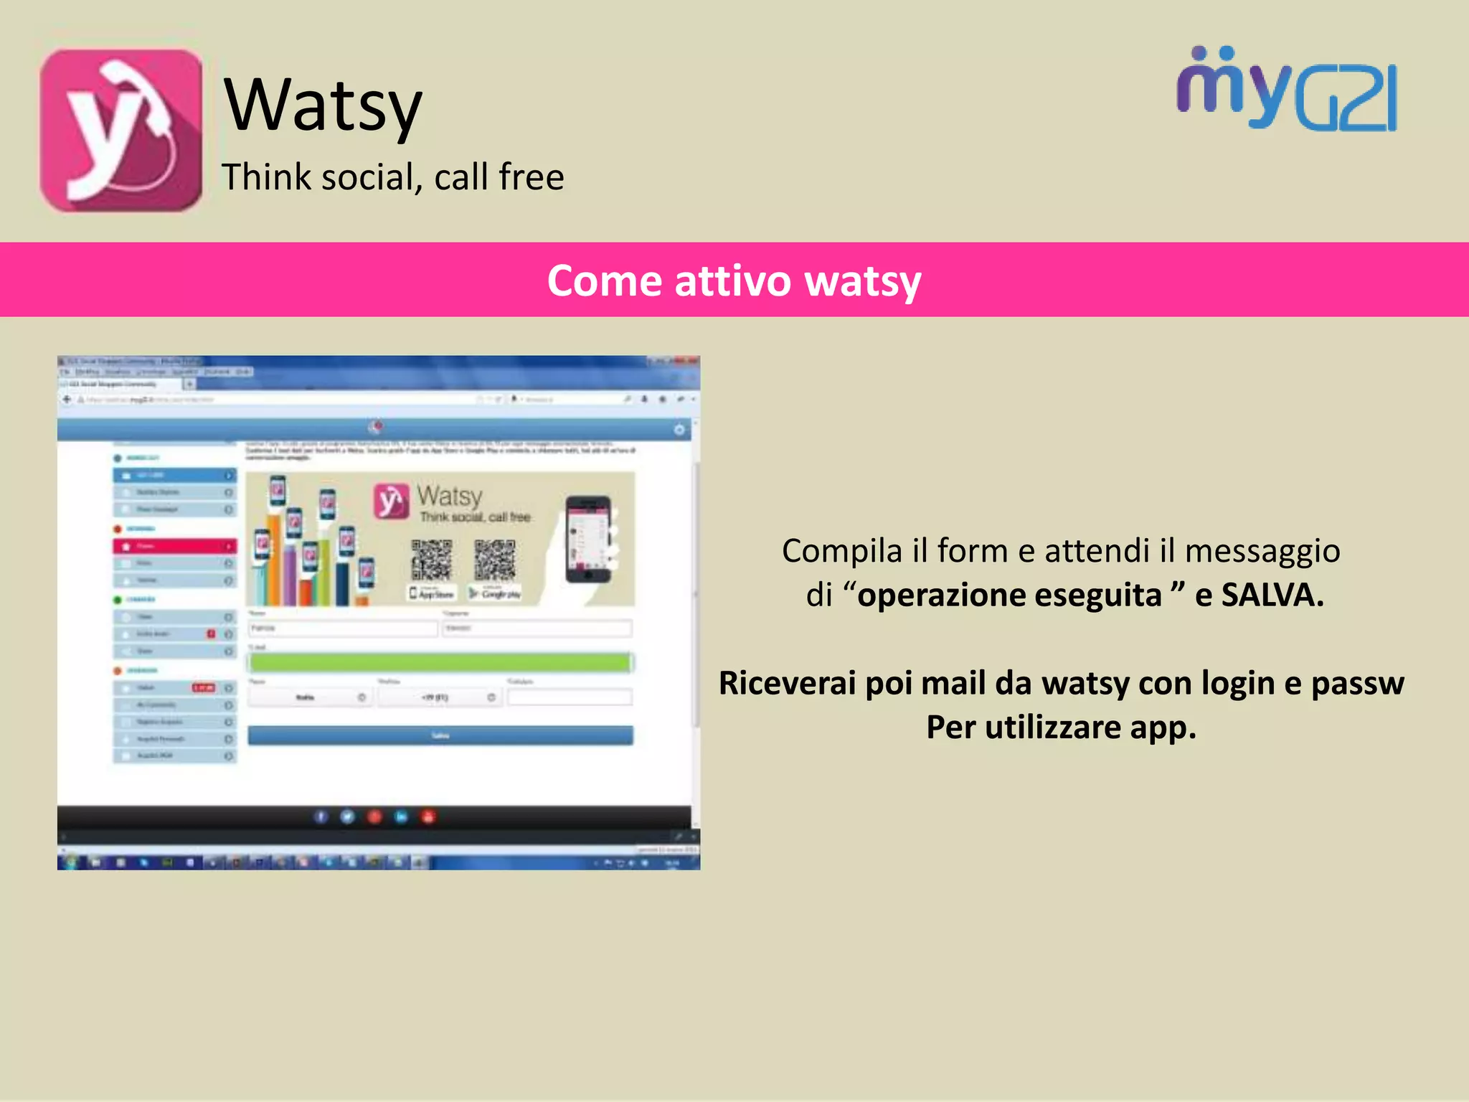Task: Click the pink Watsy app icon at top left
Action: pos(121,131)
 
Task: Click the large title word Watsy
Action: pos(323,106)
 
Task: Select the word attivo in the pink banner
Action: pos(733,281)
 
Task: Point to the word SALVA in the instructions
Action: pos(1272,595)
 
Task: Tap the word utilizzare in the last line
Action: pos(1052,727)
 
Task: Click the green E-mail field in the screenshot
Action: pos(440,662)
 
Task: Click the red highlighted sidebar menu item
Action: pos(174,547)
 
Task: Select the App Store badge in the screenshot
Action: pos(432,593)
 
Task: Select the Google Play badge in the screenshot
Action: pos(495,593)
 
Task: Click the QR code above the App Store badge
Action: pos(431,560)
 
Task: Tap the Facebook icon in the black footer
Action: pos(321,816)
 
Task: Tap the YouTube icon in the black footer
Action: pos(428,816)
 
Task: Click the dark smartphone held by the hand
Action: pos(587,538)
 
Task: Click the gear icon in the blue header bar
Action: pos(679,430)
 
